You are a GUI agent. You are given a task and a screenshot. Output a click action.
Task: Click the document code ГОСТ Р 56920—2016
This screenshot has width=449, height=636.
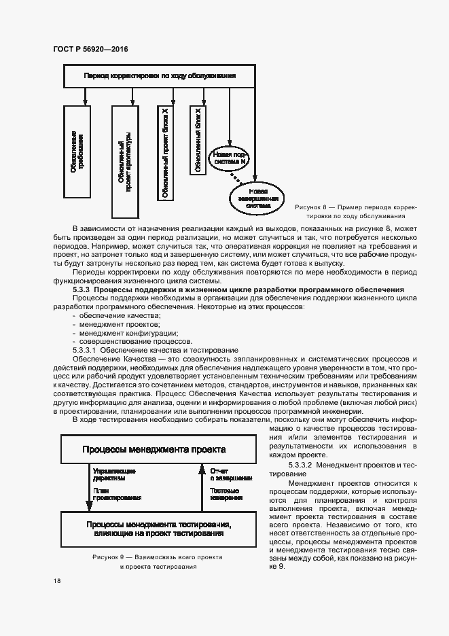click(90, 49)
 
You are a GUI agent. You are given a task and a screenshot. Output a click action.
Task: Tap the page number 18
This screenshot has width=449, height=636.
click(56, 580)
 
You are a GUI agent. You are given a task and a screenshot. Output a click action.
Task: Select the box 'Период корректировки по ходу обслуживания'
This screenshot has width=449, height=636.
click(160, 76)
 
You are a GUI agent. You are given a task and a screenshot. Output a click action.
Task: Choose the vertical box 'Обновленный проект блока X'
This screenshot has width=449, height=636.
click(165, 152)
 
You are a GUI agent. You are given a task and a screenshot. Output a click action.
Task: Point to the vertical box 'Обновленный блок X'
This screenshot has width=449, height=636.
click(198, 140)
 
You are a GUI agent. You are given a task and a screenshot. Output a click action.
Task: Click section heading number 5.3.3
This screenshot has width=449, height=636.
click(82, 290)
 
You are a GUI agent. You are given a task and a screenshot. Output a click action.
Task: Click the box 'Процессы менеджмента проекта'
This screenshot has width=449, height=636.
click(154, 449)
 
